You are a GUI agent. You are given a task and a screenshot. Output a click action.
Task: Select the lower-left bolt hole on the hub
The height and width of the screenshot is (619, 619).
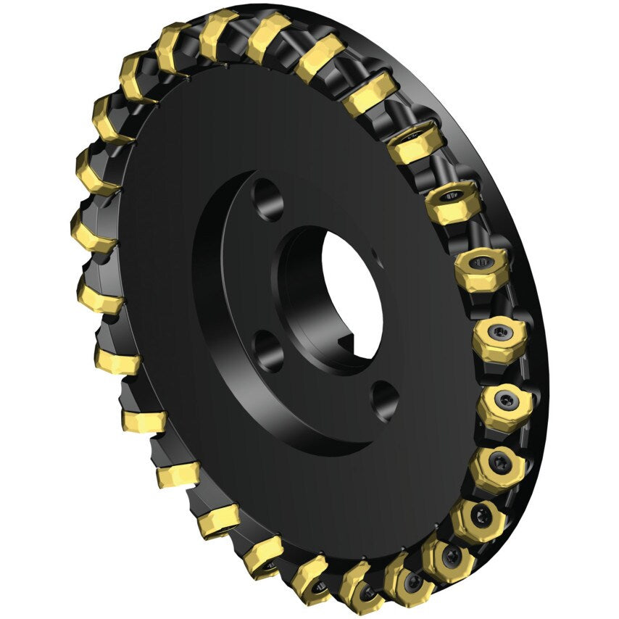tap(269, 349)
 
